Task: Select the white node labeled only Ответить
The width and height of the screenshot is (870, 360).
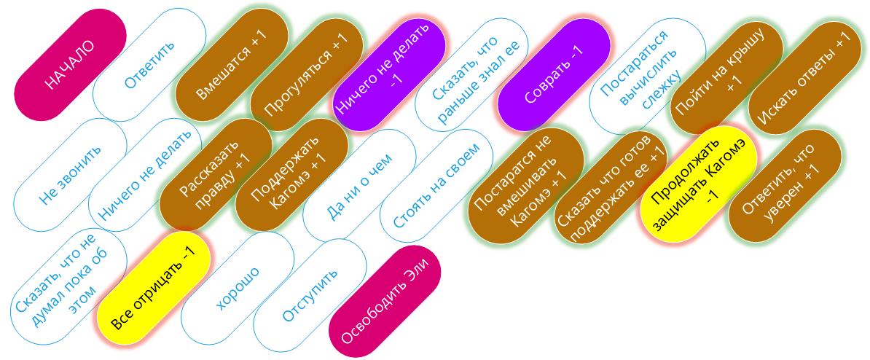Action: (150, 64)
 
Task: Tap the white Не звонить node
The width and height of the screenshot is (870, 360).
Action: (70, 174)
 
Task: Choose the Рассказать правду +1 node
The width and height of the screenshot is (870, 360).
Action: (216, 174)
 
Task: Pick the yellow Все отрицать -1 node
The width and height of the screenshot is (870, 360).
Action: (154, 288)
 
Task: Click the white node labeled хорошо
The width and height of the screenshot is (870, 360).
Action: (238, 288)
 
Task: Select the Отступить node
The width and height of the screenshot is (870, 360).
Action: (310, 294)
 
